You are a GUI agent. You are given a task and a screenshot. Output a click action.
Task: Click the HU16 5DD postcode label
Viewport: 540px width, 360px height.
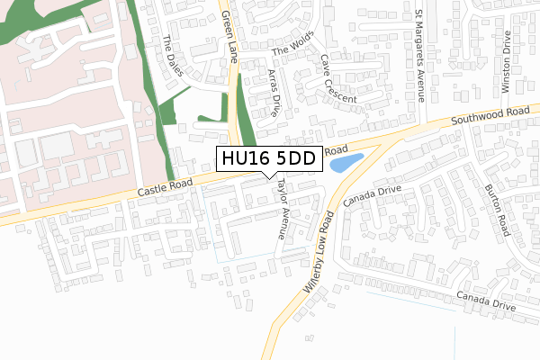266,159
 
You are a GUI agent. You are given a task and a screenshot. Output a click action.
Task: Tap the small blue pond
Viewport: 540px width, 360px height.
346,163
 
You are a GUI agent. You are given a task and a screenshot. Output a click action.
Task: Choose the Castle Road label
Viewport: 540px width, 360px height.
166,189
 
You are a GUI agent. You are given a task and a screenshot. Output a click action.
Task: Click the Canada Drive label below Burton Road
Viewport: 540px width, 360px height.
485,301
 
